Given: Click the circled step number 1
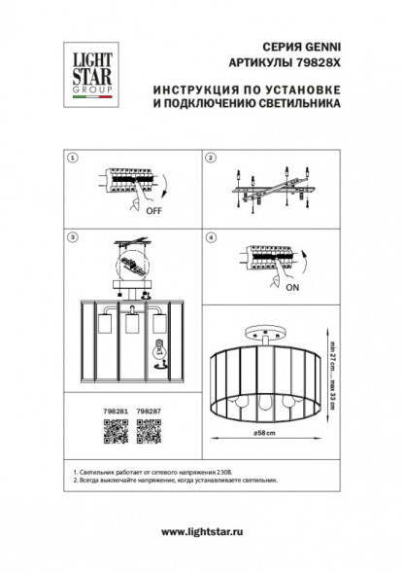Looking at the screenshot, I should pos(71,157).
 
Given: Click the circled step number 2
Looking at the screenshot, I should pos(210,157).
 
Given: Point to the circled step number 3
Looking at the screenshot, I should pos(71,236).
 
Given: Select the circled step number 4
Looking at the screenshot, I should pos(210,236).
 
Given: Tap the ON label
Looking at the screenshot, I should pos(290,289).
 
